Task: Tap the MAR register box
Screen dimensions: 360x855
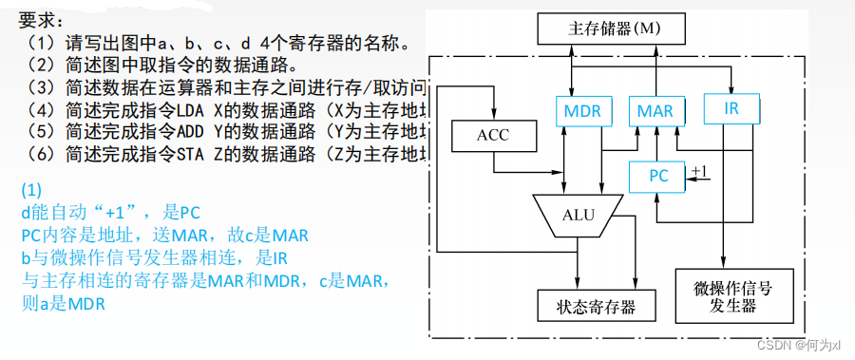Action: [x=655, y=110]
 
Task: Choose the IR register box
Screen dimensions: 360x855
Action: [x=731, y=108]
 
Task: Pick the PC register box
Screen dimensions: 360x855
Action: [x=659, y=177]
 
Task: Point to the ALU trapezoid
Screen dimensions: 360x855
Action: [x=578, y=216]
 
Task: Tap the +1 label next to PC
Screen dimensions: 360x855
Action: [x=699, y=171]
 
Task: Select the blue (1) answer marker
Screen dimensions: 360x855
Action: [x=31, y=188]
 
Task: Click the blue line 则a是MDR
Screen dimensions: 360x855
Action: [x=62, y=305]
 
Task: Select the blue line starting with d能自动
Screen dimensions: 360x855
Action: [x=111, y=211]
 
